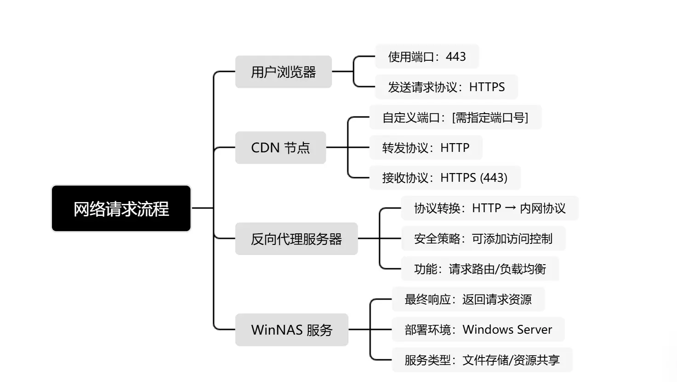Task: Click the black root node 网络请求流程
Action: coord(121,208)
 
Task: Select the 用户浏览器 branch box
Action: coord(283,72)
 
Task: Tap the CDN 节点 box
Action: coord(280,148)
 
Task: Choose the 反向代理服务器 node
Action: coord(296,239)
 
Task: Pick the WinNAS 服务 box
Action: coord(291,330)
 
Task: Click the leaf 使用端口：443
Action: coord(427,57)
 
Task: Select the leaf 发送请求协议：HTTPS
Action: coord(446,87)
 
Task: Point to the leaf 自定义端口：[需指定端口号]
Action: coord(455,117)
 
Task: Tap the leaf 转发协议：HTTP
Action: coord(426,148)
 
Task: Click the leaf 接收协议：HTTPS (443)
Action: coord(444,178)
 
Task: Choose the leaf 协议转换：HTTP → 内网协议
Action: coord(489,208)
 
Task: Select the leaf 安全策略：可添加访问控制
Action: coord(483,238)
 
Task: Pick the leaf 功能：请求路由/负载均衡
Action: coord(480,269)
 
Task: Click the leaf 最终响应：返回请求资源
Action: coord(468,299)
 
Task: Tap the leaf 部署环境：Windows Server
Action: coord(478,330)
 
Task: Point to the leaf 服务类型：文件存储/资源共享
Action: coord(482,360)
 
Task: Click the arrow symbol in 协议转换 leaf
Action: coord(510,208)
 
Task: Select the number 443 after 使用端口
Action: coord(456,57)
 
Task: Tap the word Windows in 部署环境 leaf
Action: coord(484,330)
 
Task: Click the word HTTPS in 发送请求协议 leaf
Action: coord(487,87)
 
